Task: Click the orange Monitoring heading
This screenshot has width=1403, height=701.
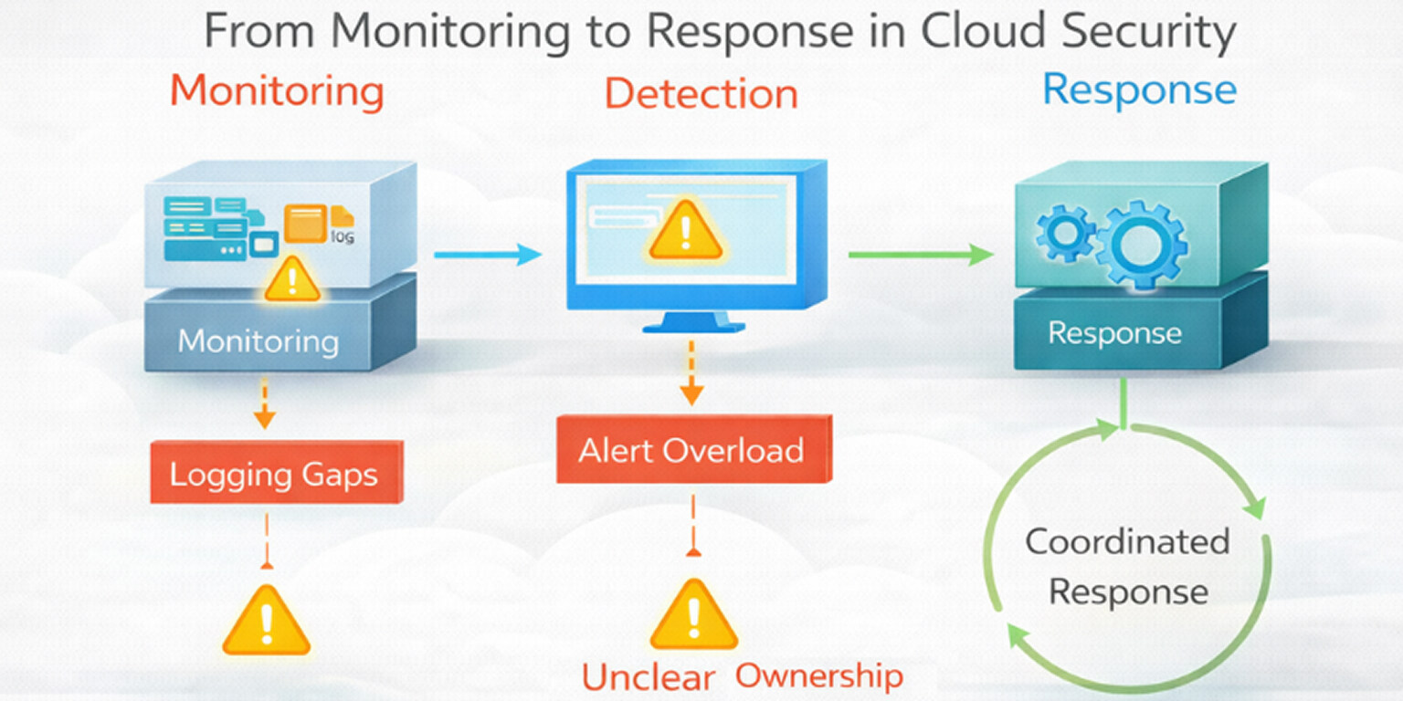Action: coord(276,91)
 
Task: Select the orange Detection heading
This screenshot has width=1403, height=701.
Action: coord(701,94)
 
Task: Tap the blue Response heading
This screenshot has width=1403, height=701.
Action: coord(1139,89)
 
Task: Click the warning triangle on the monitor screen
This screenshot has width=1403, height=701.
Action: coord(684,231)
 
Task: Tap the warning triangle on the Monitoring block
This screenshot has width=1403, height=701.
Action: coord(292,279)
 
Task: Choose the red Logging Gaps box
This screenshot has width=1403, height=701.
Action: coord(276,475)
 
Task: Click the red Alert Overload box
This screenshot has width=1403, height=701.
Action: coord(693,450)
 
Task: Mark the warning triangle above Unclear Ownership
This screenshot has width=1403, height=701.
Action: coord(693,613)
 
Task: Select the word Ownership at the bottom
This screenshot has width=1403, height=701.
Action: coord(819,675)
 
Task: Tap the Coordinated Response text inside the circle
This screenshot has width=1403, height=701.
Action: coord(1127,566)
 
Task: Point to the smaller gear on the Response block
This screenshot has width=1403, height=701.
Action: coord(1066,233)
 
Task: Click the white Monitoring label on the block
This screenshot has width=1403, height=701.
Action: coord(258,341)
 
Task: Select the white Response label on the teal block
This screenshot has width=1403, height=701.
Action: coord(1114,333)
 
